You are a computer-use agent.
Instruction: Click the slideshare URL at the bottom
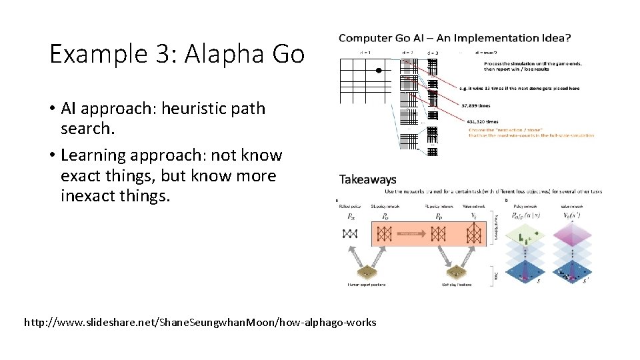point(200,323)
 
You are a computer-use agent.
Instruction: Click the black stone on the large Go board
point(378,70)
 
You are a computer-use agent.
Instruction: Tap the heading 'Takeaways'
point(367,179)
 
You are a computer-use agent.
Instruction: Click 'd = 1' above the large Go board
point(365,51)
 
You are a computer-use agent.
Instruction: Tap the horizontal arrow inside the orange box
point(411,233)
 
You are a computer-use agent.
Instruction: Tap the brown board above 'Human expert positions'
point(367,273)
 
